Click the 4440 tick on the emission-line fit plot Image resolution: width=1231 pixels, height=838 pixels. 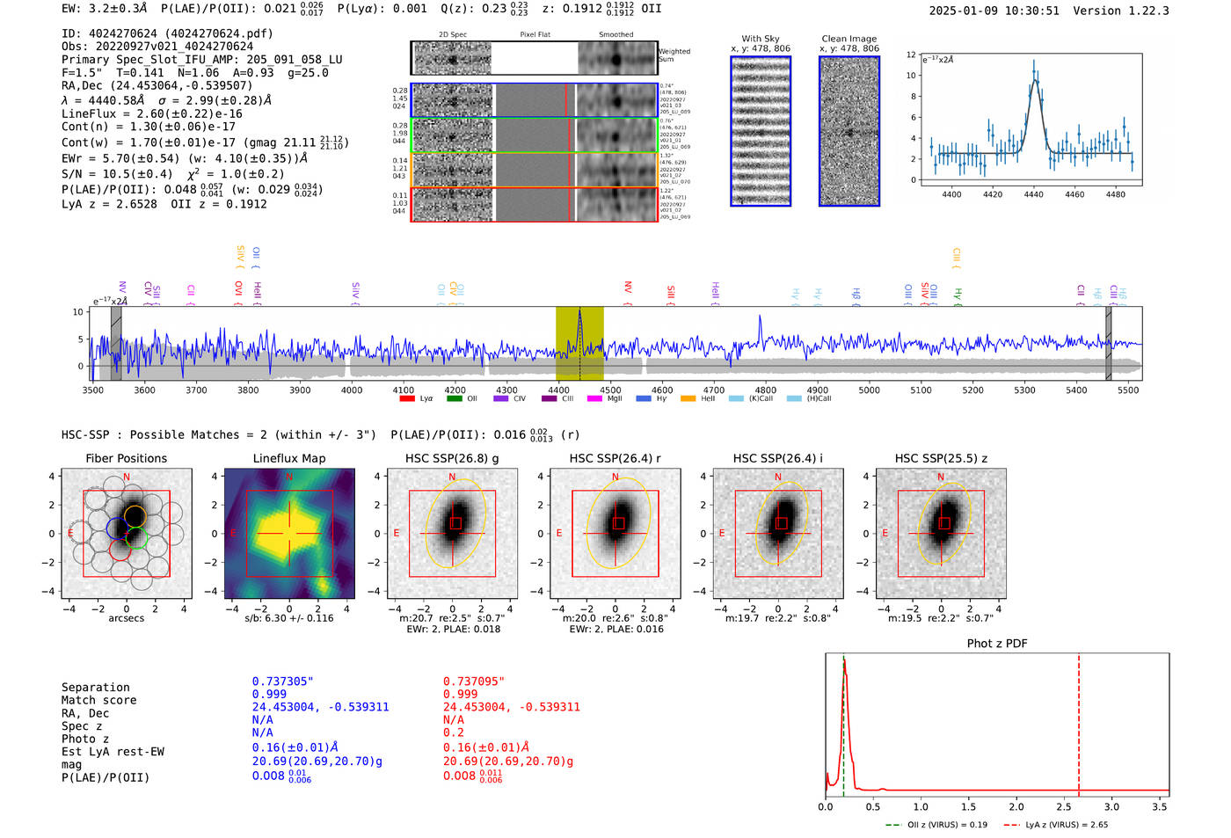point(1033,194)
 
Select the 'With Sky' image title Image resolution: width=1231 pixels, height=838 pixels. point(761,39)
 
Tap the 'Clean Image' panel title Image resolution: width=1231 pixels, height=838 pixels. point(849,39)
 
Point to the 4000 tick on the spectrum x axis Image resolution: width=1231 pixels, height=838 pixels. point(352,390)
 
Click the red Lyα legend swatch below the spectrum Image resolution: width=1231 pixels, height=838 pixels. point(407,399)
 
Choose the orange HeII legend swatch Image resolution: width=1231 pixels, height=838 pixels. point(688,399)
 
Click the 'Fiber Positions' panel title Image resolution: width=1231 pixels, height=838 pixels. point(127,458)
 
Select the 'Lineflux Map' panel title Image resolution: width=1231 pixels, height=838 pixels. point(289,458)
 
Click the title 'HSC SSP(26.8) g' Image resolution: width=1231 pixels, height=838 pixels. point(452,458)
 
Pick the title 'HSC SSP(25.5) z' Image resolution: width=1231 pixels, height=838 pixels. point(941,458)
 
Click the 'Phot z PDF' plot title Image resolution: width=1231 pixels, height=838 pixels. point(997,644)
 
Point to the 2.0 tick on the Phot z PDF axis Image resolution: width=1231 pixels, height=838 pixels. point(1016,806)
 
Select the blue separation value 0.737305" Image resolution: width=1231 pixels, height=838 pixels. point(283,681)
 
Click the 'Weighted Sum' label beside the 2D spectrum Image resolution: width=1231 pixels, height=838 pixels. point(674,55)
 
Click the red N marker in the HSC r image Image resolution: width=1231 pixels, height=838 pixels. point(615,477)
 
